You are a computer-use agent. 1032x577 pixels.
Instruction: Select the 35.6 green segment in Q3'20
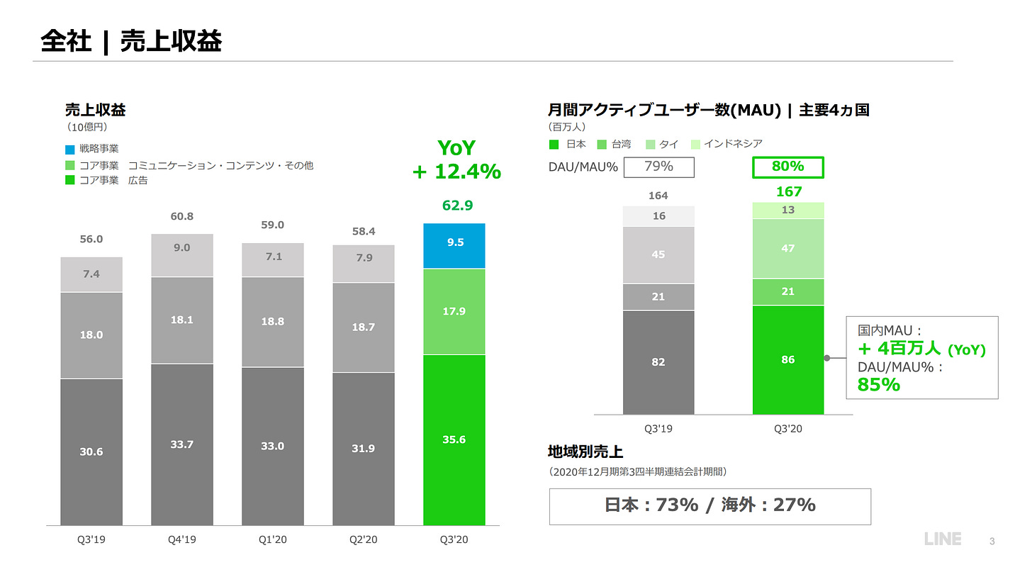coord(454,439)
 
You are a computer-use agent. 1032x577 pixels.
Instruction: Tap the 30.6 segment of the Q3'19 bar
coord(91,452)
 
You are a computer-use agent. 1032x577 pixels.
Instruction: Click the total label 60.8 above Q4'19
coord(182,216)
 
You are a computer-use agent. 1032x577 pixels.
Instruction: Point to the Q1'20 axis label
coord(272,539)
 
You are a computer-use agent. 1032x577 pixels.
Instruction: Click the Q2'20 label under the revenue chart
coord(363,539)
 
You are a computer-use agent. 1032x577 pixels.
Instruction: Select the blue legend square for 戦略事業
coord(69,150)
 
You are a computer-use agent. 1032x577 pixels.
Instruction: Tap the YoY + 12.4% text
coord(456,159)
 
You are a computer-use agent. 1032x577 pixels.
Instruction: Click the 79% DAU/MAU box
coord(658,167)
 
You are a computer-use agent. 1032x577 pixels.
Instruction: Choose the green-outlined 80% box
coord(787,167)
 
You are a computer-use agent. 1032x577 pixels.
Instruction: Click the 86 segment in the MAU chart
coord(787,359)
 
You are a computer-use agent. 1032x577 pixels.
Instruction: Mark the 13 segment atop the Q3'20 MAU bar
coord(787,210)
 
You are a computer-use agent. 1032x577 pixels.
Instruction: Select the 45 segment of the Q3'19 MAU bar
coord(658,254)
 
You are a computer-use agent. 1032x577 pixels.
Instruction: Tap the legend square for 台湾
coord(602,145)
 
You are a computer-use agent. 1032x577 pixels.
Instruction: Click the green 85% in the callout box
coord(879,384)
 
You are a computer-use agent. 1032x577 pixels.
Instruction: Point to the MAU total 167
coord(788,191)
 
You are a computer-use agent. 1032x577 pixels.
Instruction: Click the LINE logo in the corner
coord(943,539)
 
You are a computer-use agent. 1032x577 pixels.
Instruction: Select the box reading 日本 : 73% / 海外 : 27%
coord(709,505)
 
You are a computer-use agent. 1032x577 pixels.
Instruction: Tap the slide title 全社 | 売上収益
coord(131,41)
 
